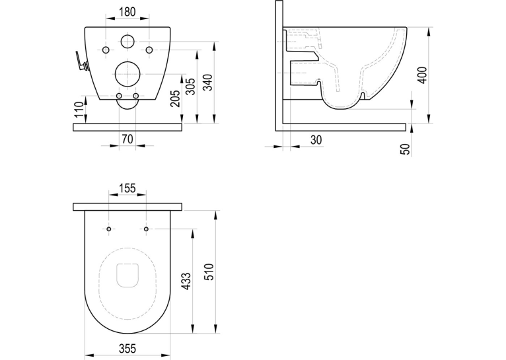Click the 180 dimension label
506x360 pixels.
tap(127, 12)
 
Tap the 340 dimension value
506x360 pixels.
tap(209, 83)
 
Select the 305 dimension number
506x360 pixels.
tap(191, 86)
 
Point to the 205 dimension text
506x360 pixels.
tap(174, 98)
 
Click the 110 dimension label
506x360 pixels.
tap(79, 110)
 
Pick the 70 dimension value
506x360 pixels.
tap(127, 139)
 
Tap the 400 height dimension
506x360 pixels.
tap(422, 75)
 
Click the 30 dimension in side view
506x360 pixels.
tap(316, 140)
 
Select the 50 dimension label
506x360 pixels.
tap(406, 149)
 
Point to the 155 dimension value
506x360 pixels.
tap(127, 188)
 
